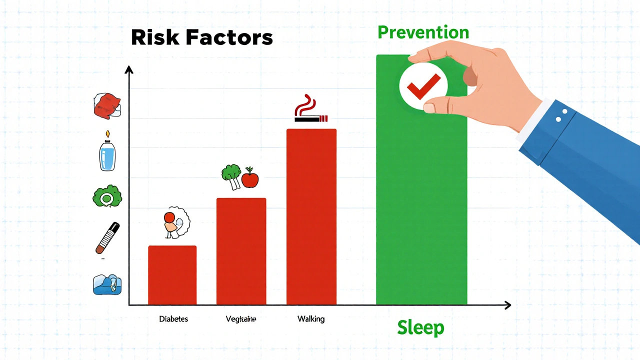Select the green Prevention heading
pyautogui.click(x=423, y=32)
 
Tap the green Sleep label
pyautogui.click(x=420, y=328)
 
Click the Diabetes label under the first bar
pyautogui.click(x=173, y=318)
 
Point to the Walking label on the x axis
pyautogui.click(x=310, y=318)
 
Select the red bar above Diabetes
pyautogui.click(x=172, y=275)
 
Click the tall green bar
pyautogui.click(x=421, y=200)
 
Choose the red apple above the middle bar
pyautogui.click(x=249, y=179)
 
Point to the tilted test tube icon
pyautogui.click(x=107, y=238)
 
